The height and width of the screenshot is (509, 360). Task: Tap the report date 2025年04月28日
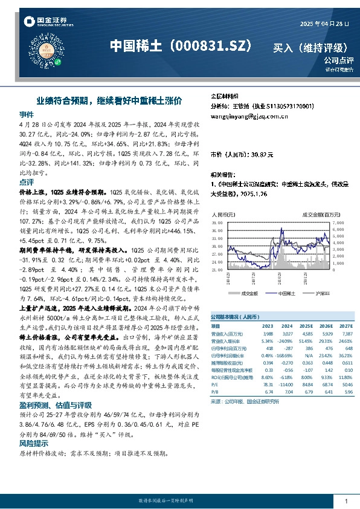(x=324, y=23)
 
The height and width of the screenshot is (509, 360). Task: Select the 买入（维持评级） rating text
(x=310, y=48)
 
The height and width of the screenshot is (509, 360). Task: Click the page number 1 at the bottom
(x=346, y=501)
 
